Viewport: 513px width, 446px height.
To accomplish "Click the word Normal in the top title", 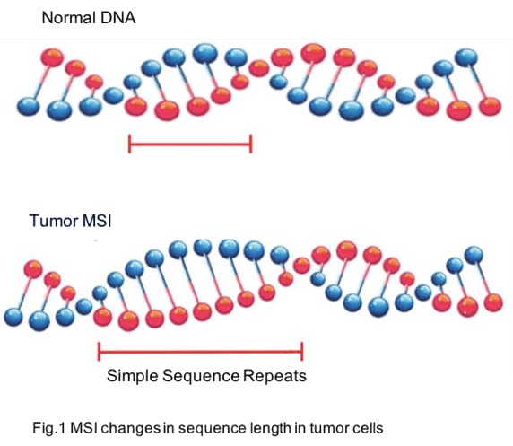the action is click(69, 18).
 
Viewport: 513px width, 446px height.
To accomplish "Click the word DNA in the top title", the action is click(118, 18).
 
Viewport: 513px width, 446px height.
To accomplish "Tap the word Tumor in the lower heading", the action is click(53, 221).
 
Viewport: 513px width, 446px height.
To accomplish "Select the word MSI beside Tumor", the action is click(97, 221).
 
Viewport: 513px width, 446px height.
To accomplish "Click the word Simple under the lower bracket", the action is click(132, 376).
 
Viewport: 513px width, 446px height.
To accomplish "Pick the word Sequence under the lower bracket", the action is click(201, 376).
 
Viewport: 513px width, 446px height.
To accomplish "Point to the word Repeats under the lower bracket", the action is click(274, 376).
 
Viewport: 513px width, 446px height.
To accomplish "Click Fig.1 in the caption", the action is click(49, 428).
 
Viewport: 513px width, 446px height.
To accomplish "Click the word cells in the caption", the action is click(368, 428).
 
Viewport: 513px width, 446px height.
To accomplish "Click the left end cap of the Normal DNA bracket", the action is click(130, 144).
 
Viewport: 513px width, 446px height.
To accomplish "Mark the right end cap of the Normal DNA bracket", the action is click(251, 144).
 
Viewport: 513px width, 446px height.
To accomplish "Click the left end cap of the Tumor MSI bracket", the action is click(99, 352).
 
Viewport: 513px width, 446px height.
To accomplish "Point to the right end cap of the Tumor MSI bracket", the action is click(301, 352).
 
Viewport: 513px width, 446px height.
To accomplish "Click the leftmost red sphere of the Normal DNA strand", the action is click(52, 57).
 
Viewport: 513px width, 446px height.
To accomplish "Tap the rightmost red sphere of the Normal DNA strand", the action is click(490, 106).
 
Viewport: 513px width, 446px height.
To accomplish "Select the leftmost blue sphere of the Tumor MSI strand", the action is click(13, 318).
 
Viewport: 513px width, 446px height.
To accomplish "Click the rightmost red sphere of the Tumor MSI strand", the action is click(493, 302).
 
